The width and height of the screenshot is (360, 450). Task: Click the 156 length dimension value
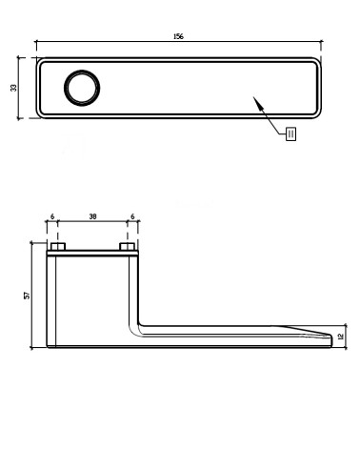(x=178, y=36)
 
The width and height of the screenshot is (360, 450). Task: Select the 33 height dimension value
(x=13, y=88)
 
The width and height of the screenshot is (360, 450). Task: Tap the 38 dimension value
(x=92, y=216)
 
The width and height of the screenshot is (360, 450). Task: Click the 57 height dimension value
(x=28, y=296)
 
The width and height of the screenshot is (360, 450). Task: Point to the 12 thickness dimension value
(x=341, y=337)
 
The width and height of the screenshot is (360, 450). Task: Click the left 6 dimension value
(x=52, y=216)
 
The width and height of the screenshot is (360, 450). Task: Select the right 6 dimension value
(x=132, y=216)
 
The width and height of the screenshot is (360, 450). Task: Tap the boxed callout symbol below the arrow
(x=291, y=133)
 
